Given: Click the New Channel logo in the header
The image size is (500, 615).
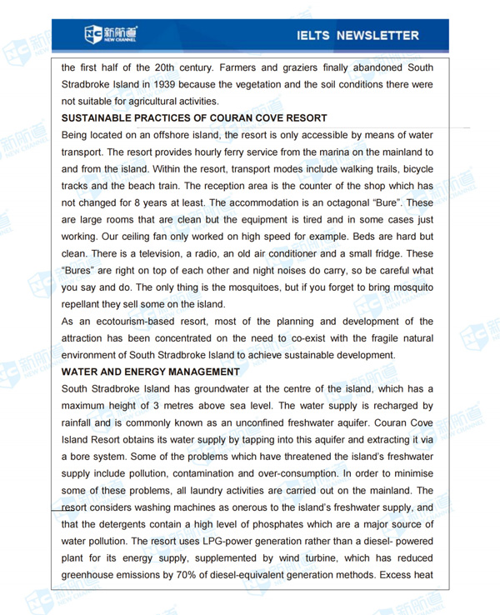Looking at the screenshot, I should pos(111,35).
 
